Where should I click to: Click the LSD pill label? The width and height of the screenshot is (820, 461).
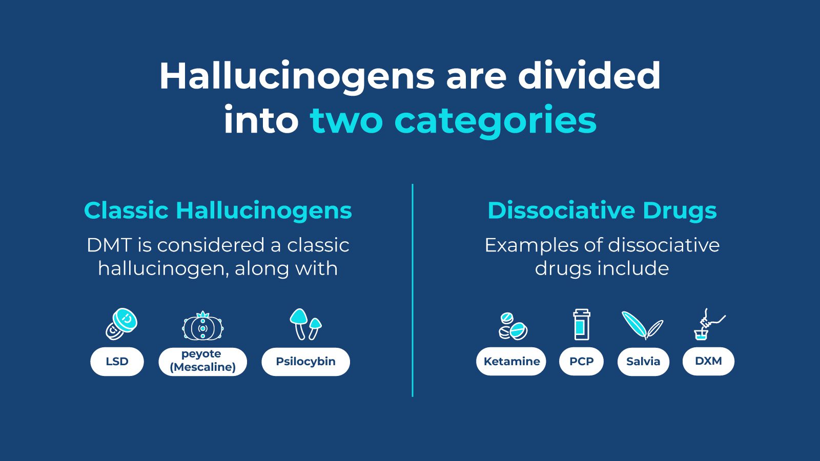pyautogui.click(x=117, y=362)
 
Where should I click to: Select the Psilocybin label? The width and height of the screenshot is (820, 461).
pyautogui.click(x=305, y=362)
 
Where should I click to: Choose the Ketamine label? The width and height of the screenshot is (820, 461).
pyautogui.click(x=511, y=362)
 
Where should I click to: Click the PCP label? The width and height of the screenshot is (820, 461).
pyautogui.click(x=581, y=362)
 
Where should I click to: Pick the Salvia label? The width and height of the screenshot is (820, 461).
pyautogui.click(x=643, y=362)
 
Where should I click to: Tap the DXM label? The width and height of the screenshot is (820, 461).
pyautogui.click(x=708, y=361)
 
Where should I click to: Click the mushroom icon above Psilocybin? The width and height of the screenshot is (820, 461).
pyautogui.click(x=305, y=324)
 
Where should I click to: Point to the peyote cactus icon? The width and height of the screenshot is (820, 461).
pyautogui.click(x=203, y=326)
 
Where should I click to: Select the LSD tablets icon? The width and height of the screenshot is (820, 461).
pyautogui.click(x=121, y=324)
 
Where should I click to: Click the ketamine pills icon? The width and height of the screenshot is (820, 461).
pyautogui.click(x=512, y=326)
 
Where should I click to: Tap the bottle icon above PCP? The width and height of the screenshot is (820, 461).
pyautogui.click(x=581, y=325)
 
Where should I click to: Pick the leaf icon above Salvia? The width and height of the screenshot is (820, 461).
pyautogui.click(x=642, y=325)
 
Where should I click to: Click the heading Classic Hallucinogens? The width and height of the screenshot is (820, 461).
pyautogui.click(x=218, y=211)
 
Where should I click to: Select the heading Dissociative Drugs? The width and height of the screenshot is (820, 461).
pyautogui.click(x=602, y=211)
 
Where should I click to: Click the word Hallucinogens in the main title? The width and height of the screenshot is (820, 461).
pyautogui.click(x=297, y=76)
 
